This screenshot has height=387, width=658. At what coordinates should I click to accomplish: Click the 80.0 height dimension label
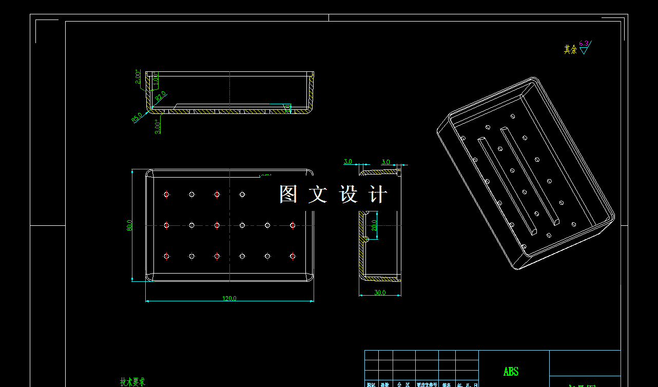[x=130, y=225]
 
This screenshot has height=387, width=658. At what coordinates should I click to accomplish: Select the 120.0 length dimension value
[x=229, y=298]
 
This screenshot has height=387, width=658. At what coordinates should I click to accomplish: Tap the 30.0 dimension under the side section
[x=380, y=293]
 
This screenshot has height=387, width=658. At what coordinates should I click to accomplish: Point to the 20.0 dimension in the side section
[x=374, y=225]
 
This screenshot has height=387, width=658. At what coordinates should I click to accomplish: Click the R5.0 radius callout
[x=137, y=118]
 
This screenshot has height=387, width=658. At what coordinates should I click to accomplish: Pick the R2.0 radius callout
[x=160, y=96]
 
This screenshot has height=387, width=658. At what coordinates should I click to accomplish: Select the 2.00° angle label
[x=138, y=76]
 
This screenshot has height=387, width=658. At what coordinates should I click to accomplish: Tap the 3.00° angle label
[x=158, y=126]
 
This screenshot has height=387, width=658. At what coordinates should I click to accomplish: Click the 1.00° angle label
[x=155, y=79]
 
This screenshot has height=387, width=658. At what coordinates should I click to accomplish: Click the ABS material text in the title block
[x=511, y=372]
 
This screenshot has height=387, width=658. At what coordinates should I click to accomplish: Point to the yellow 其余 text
[x=570, y=49]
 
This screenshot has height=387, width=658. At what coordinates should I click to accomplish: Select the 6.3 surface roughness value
[x=584, y=44]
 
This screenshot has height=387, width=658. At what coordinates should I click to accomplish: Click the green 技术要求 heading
[x=132, y=382]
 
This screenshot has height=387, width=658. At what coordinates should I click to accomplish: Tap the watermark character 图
[x=288, y=195]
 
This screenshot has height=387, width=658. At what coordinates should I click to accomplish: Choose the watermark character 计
[x=378, y=195]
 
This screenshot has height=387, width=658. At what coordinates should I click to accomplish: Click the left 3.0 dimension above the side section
[x=347, y=162]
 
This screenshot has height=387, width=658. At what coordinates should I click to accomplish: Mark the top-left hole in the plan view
[x=166, y=195]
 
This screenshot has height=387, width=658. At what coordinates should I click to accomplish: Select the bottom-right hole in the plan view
[x=293, y=256]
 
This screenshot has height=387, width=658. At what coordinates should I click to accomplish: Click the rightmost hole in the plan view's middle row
[x=293, y=225]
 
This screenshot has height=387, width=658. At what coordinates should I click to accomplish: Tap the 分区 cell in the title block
[x=404, y=384]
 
